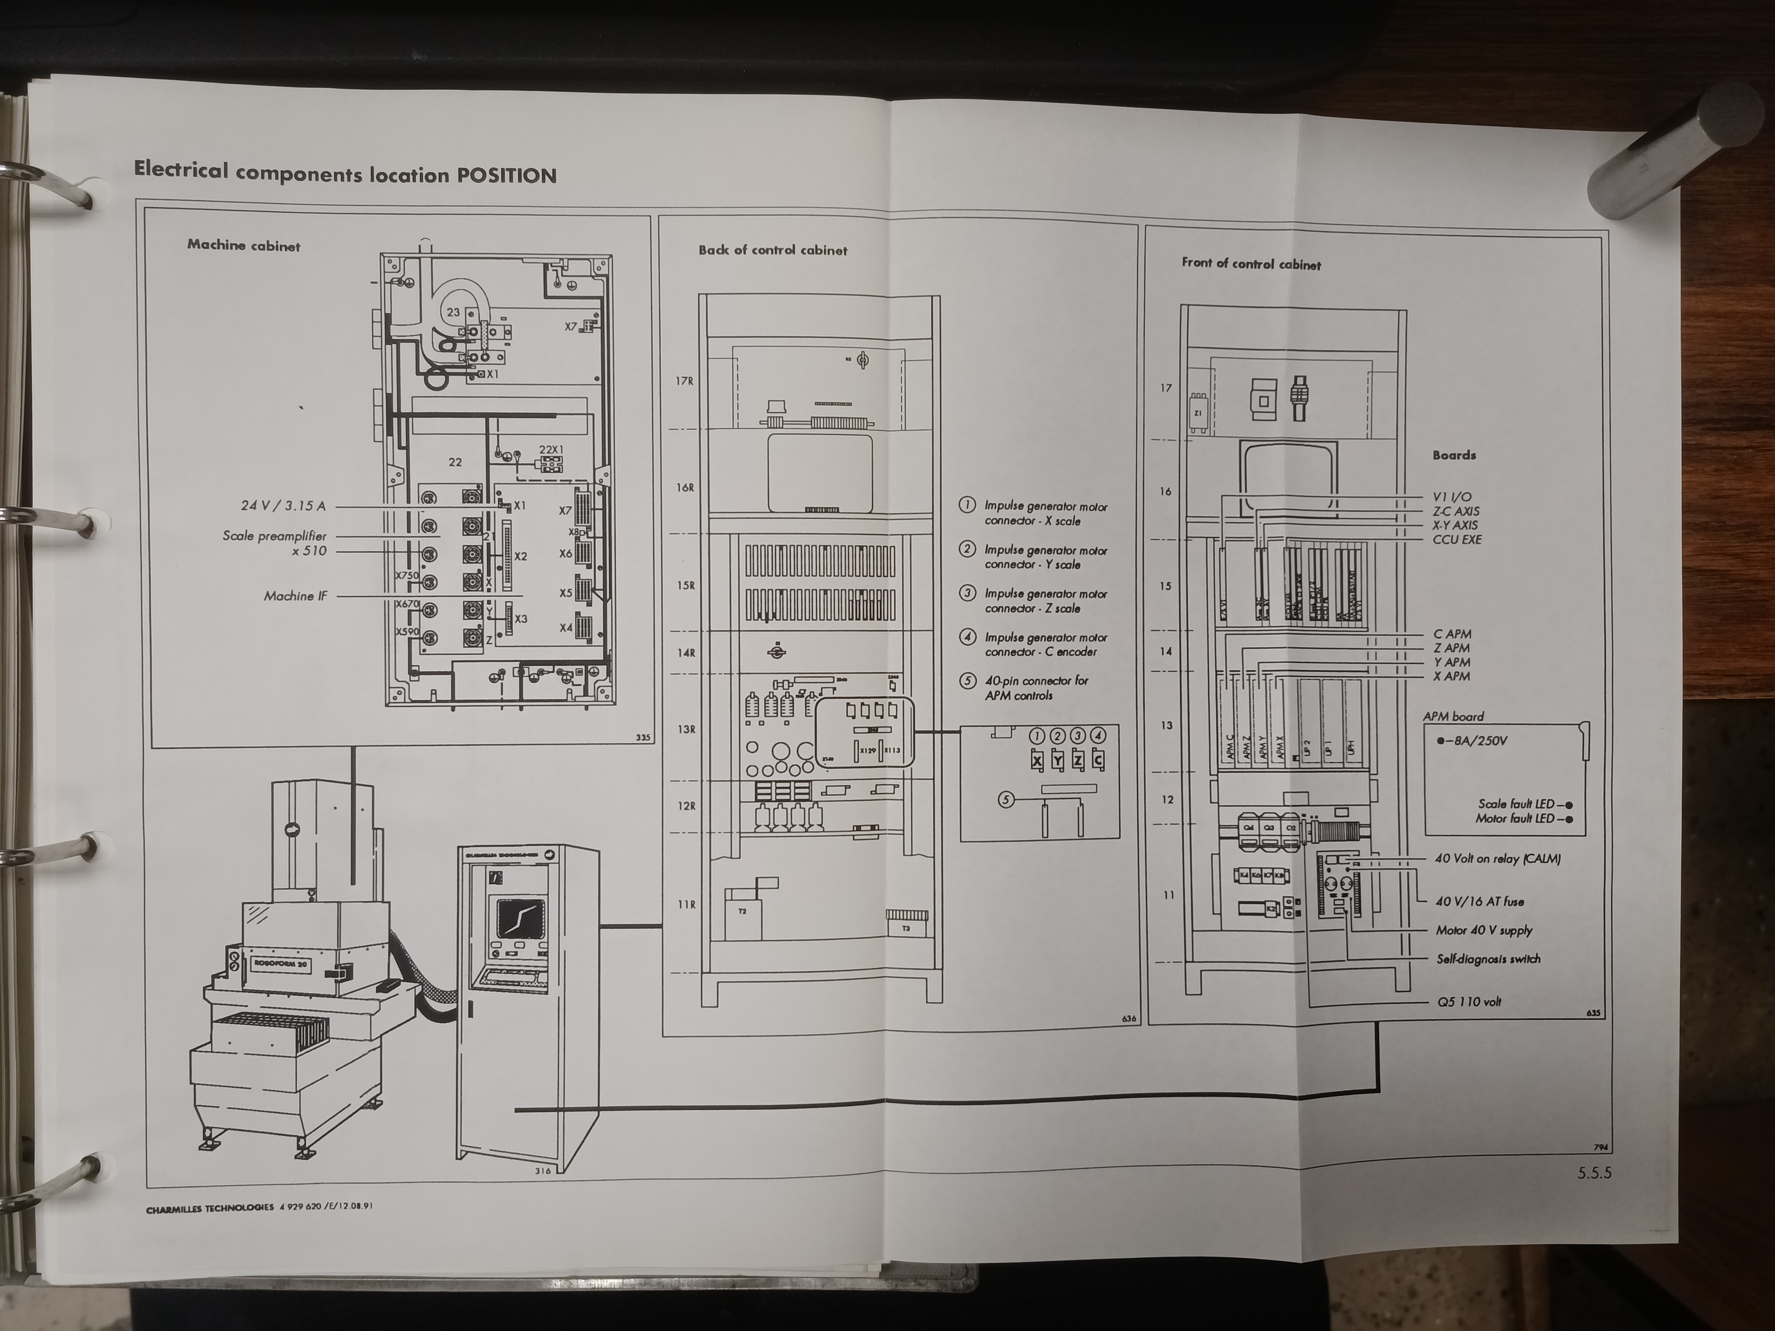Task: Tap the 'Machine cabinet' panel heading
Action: (x=243, y=245)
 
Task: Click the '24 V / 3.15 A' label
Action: (x=283, y=505)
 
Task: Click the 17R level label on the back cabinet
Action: (x=684, y=381)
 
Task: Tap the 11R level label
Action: (x=686, y=904)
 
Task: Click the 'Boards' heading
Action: (x=1454, y=455)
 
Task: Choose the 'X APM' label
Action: (x=1452, y=676)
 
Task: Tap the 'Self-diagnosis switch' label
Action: (x=1488, y=959)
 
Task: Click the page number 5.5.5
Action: (x=1594, y=1173)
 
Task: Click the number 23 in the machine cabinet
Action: (x=454, y=312)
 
